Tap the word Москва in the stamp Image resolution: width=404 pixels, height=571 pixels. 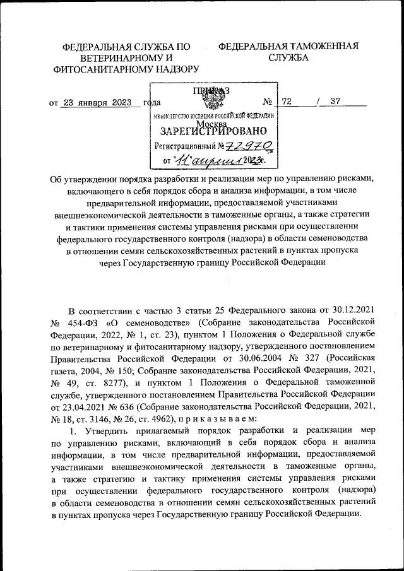tap(214, 124)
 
